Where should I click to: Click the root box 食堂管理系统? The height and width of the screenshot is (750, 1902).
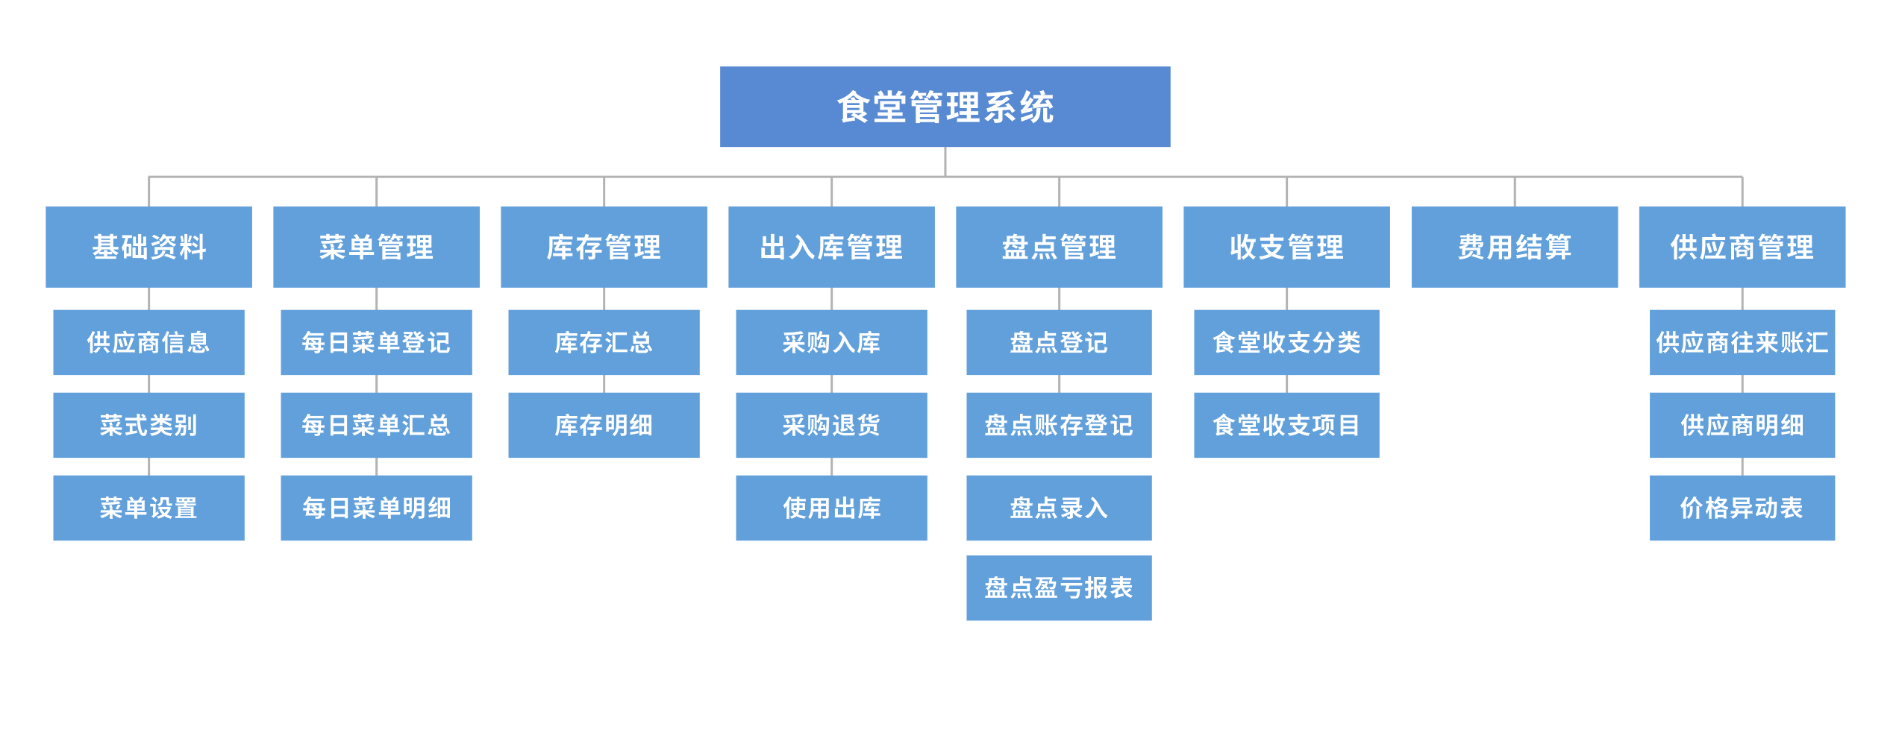[944, 107]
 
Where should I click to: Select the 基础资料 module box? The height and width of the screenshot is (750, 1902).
[148, 247]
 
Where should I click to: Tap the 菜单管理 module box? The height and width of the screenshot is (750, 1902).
[376, 247]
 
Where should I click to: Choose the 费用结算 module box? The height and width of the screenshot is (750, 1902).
[1514, 247]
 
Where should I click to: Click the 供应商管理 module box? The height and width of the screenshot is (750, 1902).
[1742, 247]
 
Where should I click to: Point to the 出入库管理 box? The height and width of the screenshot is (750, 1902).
[831, 247]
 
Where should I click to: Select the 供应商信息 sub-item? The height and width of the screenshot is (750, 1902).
[148, 342]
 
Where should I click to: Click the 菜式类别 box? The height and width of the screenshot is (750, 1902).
[148, 425]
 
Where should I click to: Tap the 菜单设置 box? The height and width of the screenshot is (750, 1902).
[148, 508]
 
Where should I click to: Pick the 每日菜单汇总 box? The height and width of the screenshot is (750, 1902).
[376, 425]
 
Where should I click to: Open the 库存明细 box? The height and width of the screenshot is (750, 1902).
[604, 425]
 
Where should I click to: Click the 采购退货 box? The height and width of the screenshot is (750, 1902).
[831, 425]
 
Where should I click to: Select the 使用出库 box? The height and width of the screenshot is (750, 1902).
[831, 508]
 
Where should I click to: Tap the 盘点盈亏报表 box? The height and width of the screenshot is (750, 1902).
[1058, 587]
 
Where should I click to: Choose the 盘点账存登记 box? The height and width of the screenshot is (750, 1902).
[1058, 425]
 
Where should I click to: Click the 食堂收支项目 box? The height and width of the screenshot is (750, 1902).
[1286, 425]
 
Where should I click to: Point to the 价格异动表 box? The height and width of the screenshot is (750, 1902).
[1742, 508]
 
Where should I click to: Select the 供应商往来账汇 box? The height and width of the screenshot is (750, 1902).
[1742, 342]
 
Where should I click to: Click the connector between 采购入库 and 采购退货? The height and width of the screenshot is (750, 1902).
[831, 384]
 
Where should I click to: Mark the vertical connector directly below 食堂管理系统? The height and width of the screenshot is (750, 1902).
[945, 161]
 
